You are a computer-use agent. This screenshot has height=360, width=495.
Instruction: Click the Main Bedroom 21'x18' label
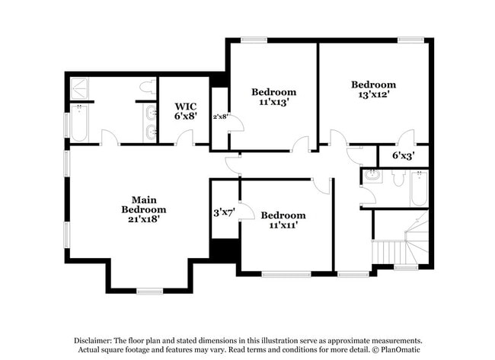tap(144, 209)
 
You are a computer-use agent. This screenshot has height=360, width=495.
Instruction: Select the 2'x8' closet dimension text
tap(220, 116)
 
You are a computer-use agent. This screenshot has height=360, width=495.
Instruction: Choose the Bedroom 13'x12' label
tap(373, 90)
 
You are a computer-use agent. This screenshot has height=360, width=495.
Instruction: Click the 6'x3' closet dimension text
tap(404, 155)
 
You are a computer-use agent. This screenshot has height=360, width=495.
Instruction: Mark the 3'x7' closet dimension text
tap(224, 212)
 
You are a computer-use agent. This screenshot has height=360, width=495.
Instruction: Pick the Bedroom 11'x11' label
tap(283, 220)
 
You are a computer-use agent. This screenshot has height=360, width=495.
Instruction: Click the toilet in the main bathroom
tap(146, 90)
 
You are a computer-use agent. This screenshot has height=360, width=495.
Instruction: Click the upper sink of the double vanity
tap(151, 113)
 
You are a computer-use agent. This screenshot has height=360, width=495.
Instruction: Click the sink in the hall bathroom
tap(373, 177)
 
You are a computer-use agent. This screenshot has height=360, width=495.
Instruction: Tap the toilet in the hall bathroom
tap(397, 179)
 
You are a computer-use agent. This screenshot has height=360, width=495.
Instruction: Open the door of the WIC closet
tap(184, 138)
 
